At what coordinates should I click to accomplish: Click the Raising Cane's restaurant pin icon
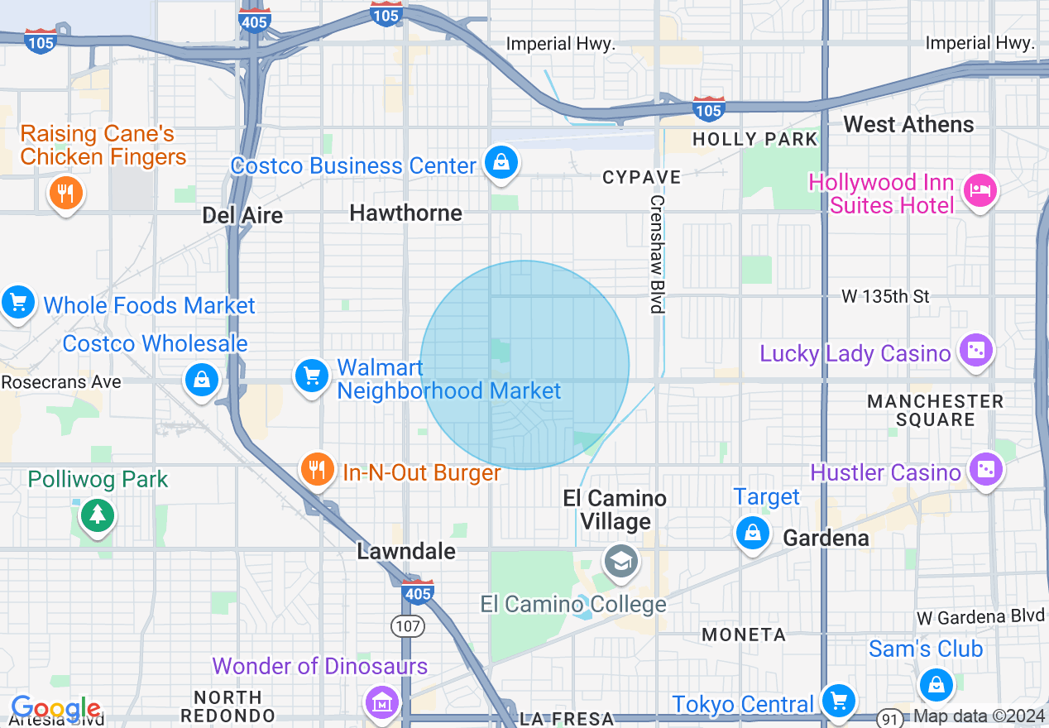click(65, 194)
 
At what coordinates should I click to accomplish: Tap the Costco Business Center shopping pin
click(501, 162)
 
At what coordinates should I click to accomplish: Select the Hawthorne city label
click(405, 213)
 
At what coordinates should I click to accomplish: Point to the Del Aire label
click(242, 216)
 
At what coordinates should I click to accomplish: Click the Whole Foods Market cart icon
click(17, 302)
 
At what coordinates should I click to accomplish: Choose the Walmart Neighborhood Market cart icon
click(312, 376)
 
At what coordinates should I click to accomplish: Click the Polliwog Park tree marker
click(98, 515)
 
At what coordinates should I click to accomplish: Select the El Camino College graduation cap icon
click(620, 561)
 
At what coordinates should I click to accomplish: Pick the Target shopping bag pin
click(752, 532)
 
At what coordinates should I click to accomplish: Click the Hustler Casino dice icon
click(985, 469)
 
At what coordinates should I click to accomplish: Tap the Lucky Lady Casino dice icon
click(975, 350)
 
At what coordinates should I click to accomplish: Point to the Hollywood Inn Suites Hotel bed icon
click(980, 191)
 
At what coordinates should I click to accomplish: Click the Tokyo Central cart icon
click(838, 701)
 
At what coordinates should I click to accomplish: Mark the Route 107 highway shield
click(408, 625)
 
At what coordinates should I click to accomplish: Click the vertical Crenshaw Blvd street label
click(657, 254)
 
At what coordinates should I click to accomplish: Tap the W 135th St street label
click(885, 296)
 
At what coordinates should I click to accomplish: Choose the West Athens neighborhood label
click(908, 125)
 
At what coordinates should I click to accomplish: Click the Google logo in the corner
click(55, 709)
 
